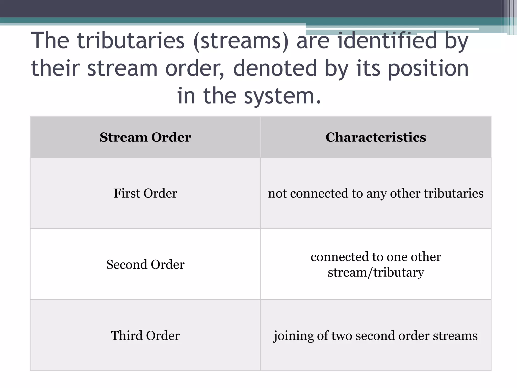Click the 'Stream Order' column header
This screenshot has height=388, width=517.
pyautogui.click(x=145, y=137)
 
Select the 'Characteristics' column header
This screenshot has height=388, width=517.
pyautogui.click(x=376, y=137)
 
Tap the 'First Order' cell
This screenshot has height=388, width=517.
pyautogui.click(x=145, y=193)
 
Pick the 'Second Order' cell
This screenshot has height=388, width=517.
pyautogui.click(x=145, y=264)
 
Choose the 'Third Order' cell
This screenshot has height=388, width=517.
pyautogui.click(x=145, y=336)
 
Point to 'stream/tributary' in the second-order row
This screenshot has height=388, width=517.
pyautogui.click(x=376, y=273)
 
